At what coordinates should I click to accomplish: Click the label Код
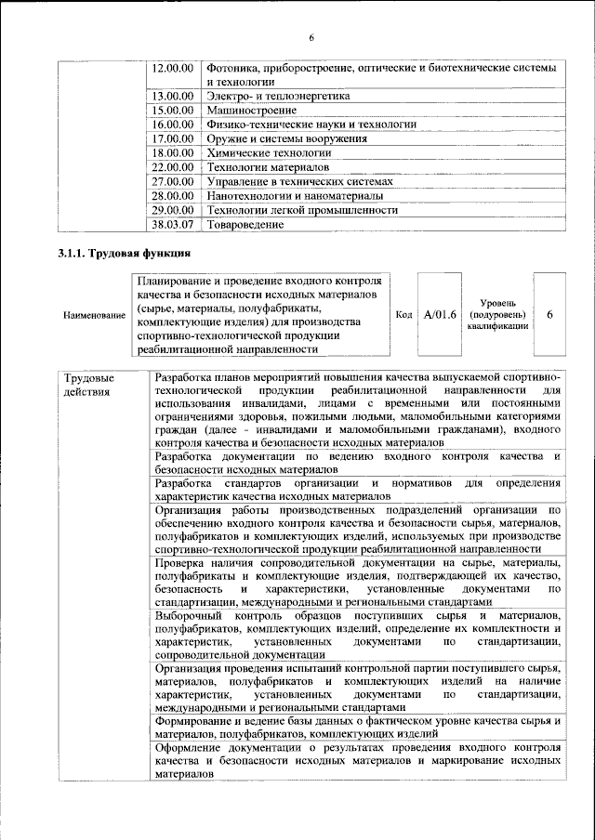403,315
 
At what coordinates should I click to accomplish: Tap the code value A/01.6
440,315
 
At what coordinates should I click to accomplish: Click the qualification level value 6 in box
550,315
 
